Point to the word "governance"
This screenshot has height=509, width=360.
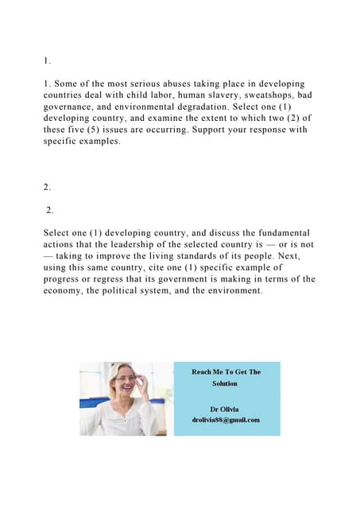point(71,107)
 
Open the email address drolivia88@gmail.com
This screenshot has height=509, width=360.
point(226,420)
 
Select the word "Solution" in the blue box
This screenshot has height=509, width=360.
point(226,383)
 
